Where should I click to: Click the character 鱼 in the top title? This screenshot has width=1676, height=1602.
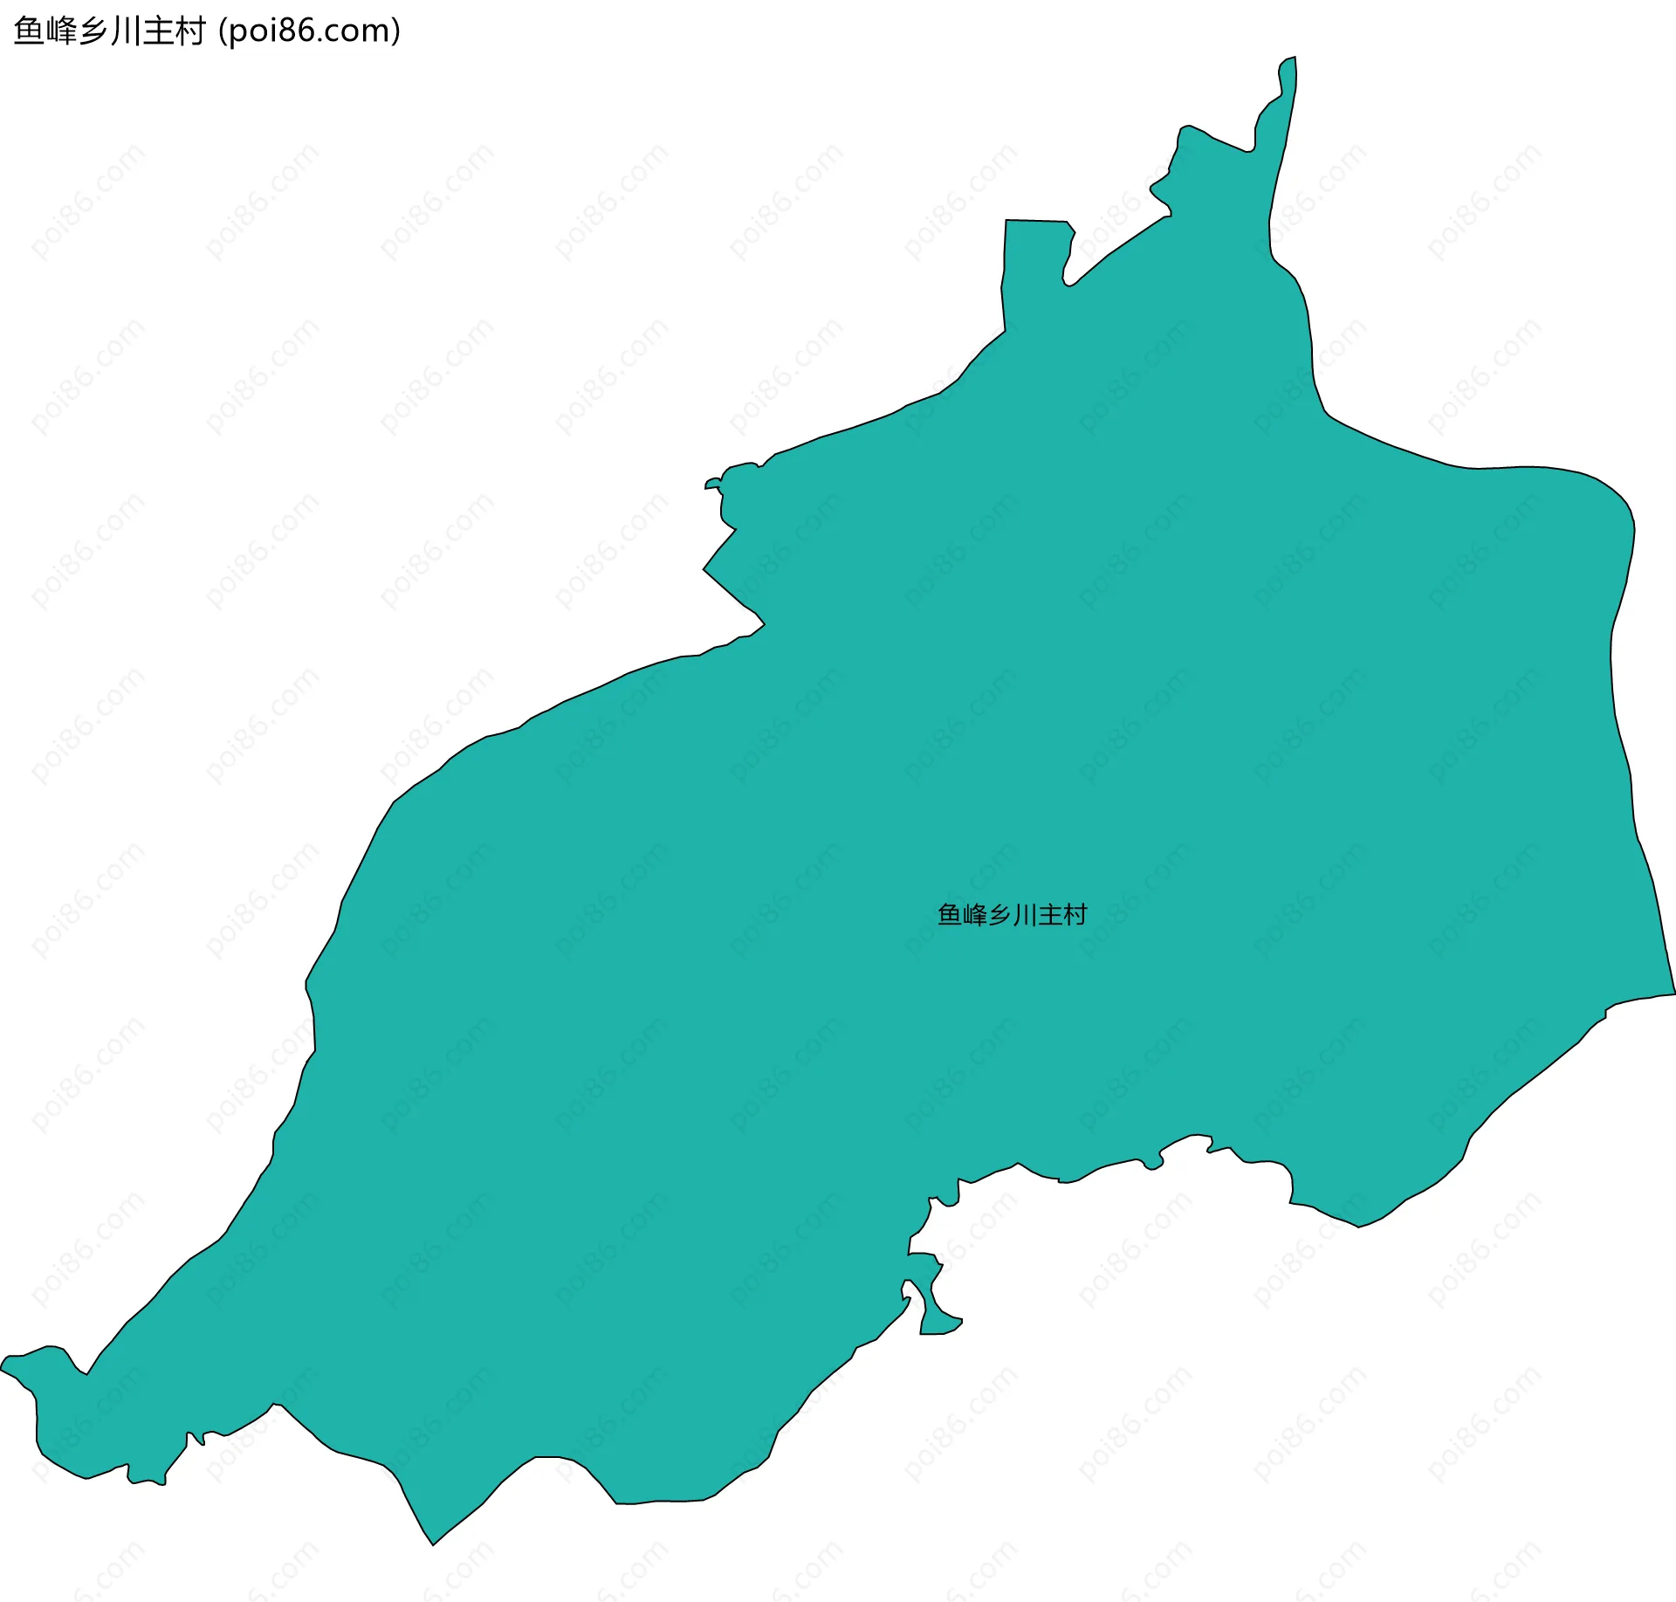tap(30, 31)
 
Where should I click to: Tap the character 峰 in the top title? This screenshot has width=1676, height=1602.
tap(62, 31)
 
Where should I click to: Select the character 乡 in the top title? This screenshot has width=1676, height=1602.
tap(94, 31)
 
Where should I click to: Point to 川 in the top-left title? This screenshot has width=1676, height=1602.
tap(126, 31)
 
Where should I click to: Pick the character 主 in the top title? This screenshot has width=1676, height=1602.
tap(158, 31)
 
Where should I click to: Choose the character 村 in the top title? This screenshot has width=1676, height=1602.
tap(190, 31)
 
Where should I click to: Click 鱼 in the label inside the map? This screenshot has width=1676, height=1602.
tap(950, 915)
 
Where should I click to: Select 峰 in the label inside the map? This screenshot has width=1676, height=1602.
tap(975, 915)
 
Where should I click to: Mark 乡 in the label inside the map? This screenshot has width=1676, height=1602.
tap(1000, 915)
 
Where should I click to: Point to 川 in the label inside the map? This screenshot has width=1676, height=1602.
tap(1025, 915)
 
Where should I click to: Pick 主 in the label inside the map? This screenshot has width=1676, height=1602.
tap(1050, 915)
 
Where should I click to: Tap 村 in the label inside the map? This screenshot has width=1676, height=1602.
tap(1075, 915)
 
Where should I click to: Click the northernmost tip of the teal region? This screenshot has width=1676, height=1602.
tap(1293, 59)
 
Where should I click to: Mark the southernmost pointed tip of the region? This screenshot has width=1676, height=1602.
tap(433, 1544)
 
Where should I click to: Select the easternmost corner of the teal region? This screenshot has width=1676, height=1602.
tap(1673, 993)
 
